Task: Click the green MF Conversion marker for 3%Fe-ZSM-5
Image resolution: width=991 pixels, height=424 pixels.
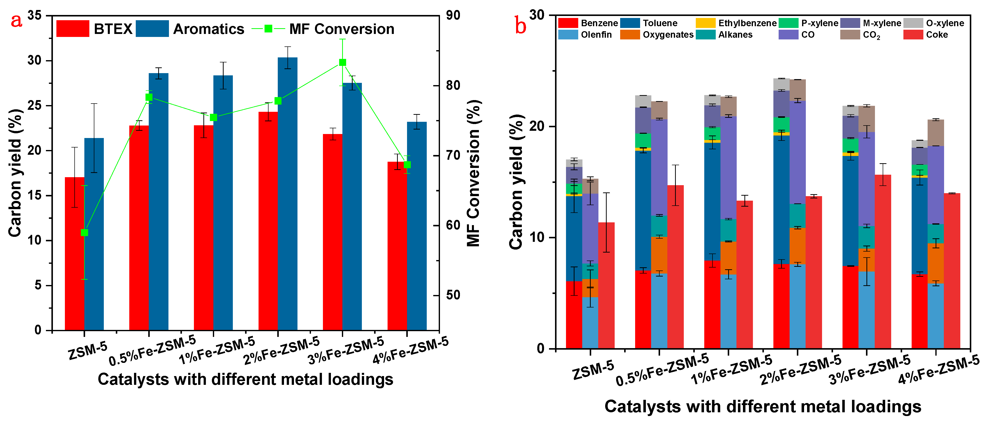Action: (x=342, y=62)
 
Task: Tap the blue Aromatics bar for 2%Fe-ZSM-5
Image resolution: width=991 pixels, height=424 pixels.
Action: (x=287, y=192)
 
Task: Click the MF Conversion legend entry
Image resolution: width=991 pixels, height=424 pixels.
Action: (x=323, y=29)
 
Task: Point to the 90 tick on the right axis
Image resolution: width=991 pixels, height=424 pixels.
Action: (x=453, y=15)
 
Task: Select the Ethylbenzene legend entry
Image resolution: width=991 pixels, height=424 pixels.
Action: (x=737, y=23)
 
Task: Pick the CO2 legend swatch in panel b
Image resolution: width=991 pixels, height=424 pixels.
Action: (x=850, y=35)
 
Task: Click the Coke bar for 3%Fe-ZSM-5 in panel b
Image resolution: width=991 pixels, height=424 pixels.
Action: (x=882, y=262)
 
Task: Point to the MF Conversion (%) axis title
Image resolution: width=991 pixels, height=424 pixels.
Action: (x=474, y=173)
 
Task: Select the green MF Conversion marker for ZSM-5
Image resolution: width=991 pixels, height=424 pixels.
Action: (x=85, y=232)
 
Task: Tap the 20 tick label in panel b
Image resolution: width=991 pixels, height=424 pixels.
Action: (x=537, y=127)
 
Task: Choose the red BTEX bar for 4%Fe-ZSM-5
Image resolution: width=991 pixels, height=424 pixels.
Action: (x=397, y=246)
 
